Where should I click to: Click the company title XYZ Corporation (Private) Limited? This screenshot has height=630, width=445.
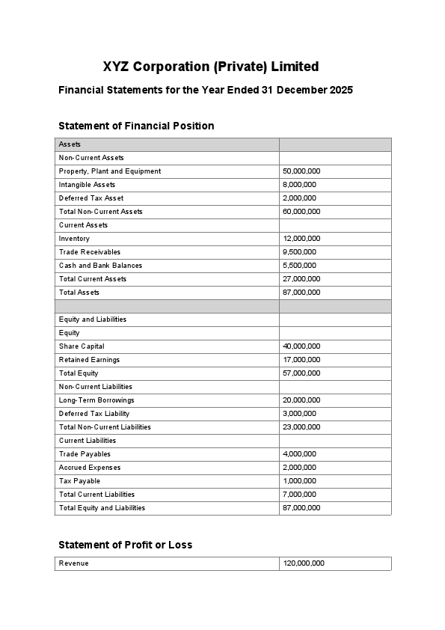click(x=211, y=67)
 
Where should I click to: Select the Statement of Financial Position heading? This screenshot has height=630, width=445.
click(x=136, y=126)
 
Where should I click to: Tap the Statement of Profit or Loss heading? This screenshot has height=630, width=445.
click(x=125, y=545)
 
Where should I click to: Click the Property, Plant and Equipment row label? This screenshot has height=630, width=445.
click(x=110, y=171)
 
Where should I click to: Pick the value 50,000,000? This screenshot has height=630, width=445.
click(x=301, y=171)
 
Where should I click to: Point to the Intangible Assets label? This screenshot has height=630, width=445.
click(x=87, y=185)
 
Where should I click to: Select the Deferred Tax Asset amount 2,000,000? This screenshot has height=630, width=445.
click(x=299, y=198)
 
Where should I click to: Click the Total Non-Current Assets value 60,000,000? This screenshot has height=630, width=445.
click(x=301, y=212)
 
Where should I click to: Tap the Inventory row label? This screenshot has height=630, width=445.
click(x=74, y=239)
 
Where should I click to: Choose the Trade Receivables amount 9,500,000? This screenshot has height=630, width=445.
click(x=299, y=252)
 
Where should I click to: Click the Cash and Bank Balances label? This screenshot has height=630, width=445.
click(x=100, y=266)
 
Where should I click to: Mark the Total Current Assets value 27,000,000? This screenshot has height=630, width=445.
click(x=301, y=279)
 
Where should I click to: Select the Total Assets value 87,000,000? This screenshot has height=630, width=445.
click(x=301, y=293)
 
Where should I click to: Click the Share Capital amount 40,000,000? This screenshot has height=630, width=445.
click(x=301, y=346)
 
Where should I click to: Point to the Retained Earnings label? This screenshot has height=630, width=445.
click(x=89, y=360)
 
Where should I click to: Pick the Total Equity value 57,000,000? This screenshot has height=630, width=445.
click(x=301, y=373)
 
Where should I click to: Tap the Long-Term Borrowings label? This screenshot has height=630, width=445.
click(x=96, y=400)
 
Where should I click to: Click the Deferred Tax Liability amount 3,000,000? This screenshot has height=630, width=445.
click(x=299, y=414)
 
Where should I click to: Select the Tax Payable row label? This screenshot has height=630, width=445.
click(x=79, y=481)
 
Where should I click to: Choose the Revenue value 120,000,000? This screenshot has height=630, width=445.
click(x=304, y=563)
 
